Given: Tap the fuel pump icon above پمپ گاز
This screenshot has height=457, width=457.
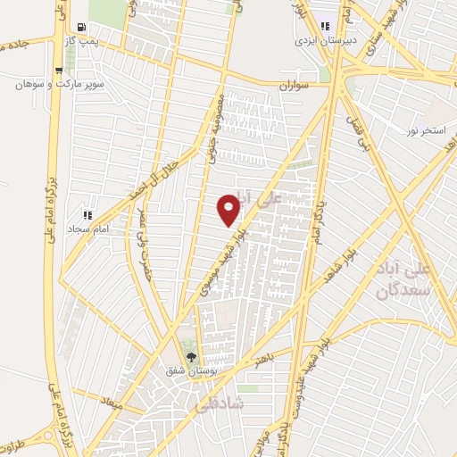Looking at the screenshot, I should pos(82,27).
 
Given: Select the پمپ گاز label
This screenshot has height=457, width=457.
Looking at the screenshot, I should pos(82,41).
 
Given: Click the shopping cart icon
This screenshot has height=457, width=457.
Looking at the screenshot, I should pos(59,71).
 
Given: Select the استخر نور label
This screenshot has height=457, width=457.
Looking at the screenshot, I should pos(425,131).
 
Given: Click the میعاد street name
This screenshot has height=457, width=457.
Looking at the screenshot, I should pos(109,403).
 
